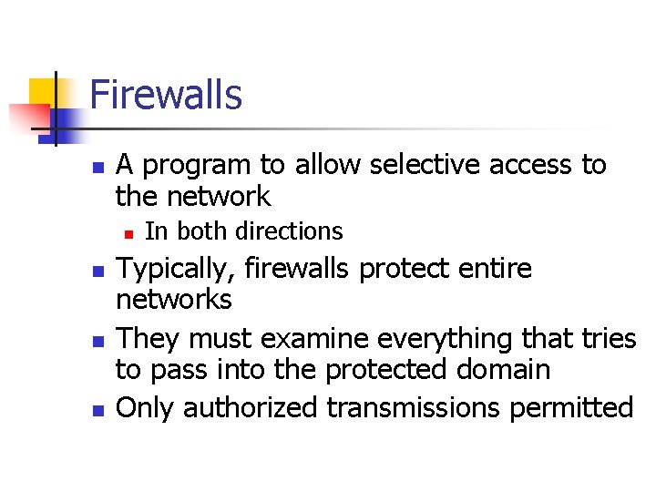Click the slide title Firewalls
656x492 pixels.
pos(166,95)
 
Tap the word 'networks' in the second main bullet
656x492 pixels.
pos(174,299)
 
